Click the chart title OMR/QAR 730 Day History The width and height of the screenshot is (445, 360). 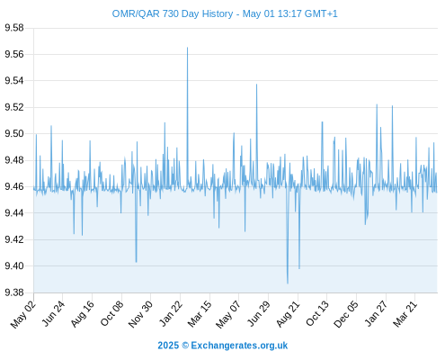(173, 13)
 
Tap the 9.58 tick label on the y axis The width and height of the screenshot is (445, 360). (14, 28)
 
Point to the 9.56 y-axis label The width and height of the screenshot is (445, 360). (14, 54)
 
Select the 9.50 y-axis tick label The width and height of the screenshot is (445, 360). (14, 133)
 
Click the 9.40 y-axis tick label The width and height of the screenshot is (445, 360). (14, 265)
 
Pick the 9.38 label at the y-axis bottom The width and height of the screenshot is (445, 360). (14, 292)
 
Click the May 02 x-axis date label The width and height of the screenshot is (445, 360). (23, 314)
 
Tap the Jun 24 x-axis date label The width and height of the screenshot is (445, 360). (53, 313)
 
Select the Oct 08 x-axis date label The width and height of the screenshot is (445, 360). (111, 313)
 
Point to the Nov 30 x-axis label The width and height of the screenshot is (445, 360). (140, 314)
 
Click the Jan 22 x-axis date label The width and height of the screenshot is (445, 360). (171, 313)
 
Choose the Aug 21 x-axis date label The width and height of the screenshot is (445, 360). (288, 313)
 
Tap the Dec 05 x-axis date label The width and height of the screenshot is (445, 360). (346, 314)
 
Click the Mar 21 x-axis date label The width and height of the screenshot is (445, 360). (405, 313)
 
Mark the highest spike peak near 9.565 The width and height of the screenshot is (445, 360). (188, 48)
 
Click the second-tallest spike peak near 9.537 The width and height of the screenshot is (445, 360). (256, 85)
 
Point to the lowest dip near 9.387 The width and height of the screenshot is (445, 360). (288, 283)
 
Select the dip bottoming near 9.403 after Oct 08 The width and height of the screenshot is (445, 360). (137, 262)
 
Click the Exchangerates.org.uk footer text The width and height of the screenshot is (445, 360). (239, 346)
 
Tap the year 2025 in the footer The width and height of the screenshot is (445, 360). (168, 346)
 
